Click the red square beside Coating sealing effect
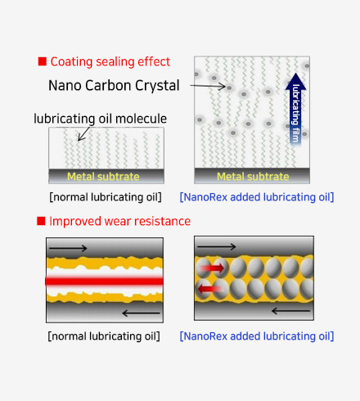point(43,61)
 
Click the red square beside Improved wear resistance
point(41,221)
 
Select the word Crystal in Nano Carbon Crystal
point(157,86)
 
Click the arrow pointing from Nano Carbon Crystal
point(208,87)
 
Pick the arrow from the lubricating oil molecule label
point(83,133)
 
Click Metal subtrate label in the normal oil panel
point(103,177)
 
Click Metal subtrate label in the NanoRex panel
point(253,177)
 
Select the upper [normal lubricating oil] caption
point(106,197)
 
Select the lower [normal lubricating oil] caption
point(104,336)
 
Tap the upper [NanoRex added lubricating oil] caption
point(257,197)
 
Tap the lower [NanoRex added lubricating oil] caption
point(257,336)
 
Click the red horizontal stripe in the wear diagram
point(105,282)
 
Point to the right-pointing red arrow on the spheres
point(213,268)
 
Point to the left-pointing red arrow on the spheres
point(209,288)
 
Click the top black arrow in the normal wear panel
point(68,248)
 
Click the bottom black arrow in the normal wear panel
point(141,313)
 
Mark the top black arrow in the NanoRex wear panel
point(217,247)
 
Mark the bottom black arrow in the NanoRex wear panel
point(291,310)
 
